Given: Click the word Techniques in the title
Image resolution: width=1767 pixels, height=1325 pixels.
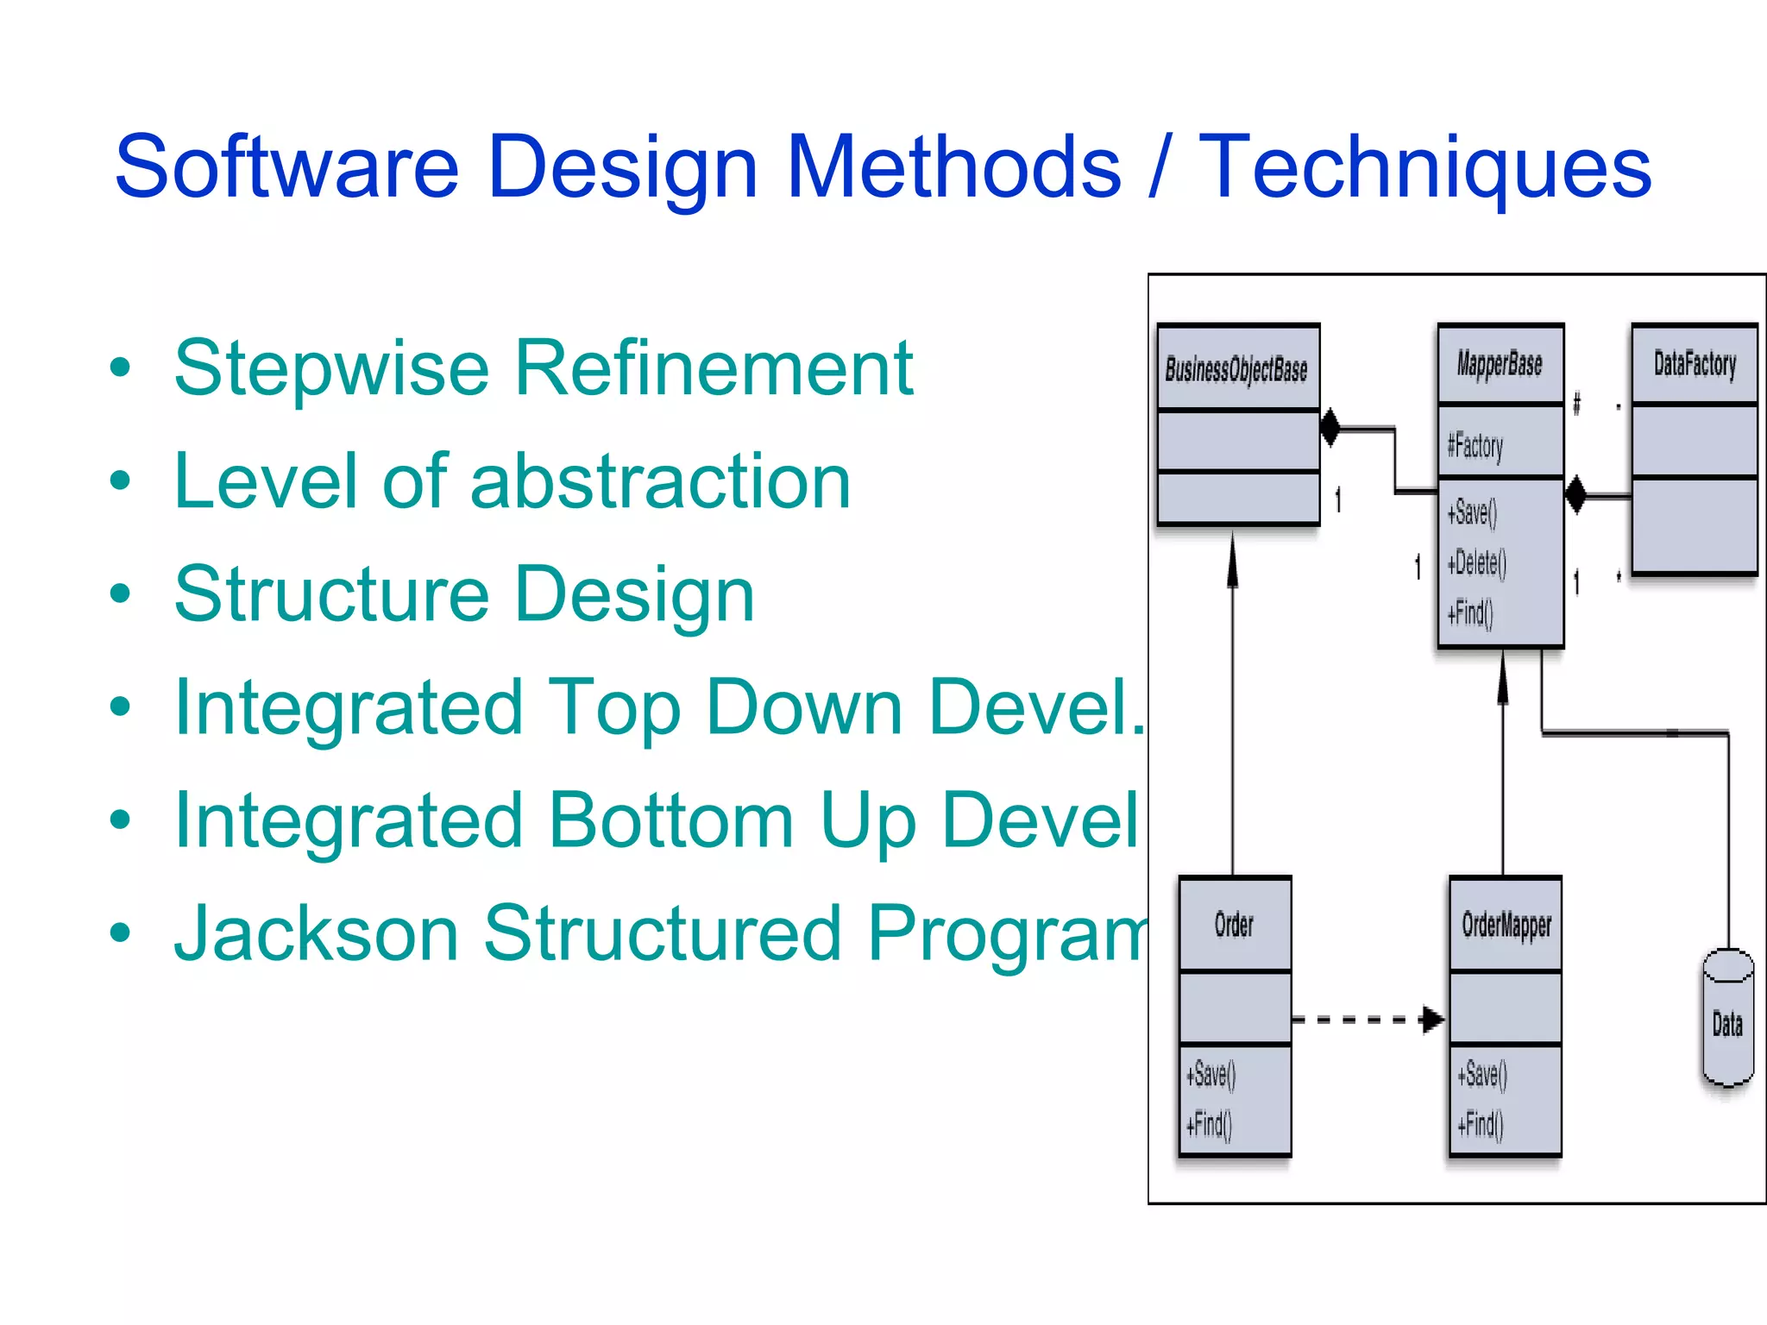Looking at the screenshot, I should click(1424, 166).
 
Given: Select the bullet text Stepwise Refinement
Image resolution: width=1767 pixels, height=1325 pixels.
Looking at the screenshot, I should click(544, 368).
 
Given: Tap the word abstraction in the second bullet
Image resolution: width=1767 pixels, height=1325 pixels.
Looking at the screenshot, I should click(660, 481).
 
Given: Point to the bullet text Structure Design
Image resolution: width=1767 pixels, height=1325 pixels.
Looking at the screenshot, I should click(464, 594).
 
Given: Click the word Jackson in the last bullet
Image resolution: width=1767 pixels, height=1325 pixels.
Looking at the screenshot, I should click(316, 933).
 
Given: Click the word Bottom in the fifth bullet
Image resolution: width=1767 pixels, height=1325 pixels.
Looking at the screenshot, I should click(670, 820).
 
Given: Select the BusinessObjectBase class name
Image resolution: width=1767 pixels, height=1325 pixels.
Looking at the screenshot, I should click(1236, 369).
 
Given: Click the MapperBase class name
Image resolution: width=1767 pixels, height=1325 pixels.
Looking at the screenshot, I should click(1500, 364).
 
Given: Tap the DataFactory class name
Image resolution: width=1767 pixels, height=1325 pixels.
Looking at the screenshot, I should click(1695, 364).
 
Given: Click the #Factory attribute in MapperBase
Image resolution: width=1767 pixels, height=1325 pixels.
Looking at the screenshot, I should click(1475, 446).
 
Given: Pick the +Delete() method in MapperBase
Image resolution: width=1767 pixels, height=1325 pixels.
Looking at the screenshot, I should click(1477, 563).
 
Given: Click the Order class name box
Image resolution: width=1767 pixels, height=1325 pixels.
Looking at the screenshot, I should click(1234, 925).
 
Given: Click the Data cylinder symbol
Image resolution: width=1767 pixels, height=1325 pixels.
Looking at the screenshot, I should click(1727, 1019).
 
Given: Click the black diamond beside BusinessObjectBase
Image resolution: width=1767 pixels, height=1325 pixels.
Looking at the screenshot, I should click(1330, 427).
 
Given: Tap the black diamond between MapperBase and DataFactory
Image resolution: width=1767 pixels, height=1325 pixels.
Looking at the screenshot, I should click(1576, 495).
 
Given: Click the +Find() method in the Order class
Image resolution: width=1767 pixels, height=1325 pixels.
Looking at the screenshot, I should click(1210, 1124).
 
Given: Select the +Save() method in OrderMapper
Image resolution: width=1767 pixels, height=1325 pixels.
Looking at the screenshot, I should click(1482, 1074).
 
